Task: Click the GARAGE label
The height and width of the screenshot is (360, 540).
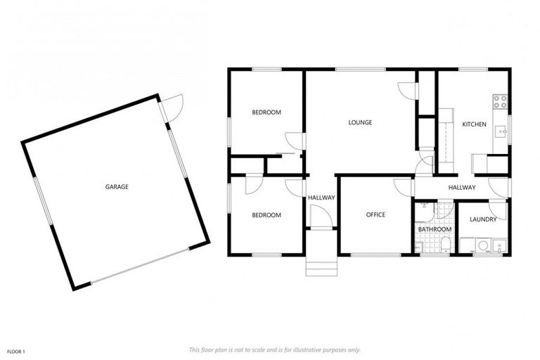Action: click(x=117, y=187)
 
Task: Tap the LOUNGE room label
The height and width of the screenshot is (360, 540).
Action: click(x=360, y=122)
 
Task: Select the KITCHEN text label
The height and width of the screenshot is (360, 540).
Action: click(x=474, y=124)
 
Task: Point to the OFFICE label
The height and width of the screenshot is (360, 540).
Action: click(x=375, y=215)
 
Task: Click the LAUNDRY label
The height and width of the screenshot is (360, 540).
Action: click(x=483, y=219)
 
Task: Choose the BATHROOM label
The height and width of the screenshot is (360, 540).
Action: click(x=434, y=229)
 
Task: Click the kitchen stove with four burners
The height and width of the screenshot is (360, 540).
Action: click(x=501, y=102)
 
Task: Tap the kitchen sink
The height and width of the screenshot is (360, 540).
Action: click(x=501, y=130)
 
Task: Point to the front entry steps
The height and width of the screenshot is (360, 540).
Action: click(x=321, y=268)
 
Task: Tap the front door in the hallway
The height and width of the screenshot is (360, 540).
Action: click(x=321, y=219)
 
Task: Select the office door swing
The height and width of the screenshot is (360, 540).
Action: click(x=403, y=187)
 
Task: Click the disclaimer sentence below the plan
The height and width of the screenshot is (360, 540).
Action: click(x=275, y=349)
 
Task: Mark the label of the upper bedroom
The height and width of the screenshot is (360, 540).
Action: click(x=266, y=112)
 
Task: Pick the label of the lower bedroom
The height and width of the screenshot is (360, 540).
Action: click(x=266, y=215)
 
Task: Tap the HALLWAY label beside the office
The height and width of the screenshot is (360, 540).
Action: click(x=321, y=198)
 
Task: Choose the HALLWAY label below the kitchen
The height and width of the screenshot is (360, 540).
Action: click(x=462, y=188)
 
